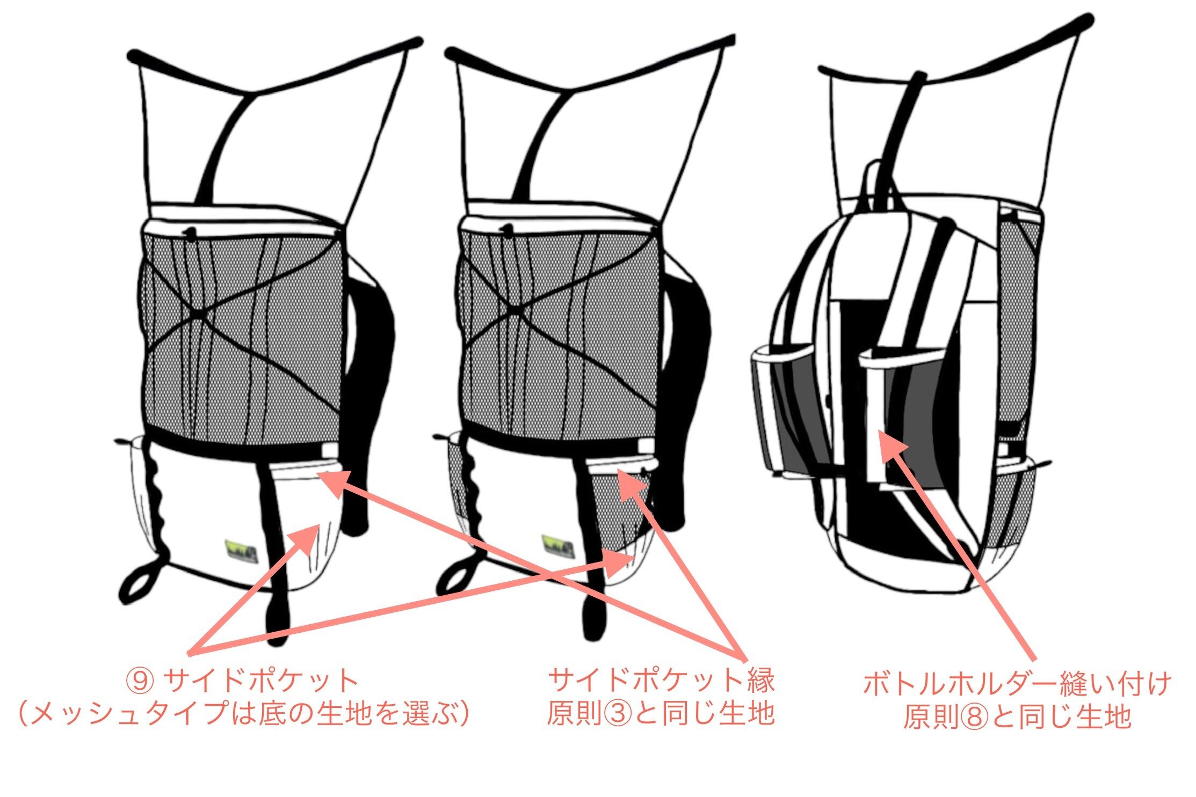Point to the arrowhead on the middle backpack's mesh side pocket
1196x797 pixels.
632,486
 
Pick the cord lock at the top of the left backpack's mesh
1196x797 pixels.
189,232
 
